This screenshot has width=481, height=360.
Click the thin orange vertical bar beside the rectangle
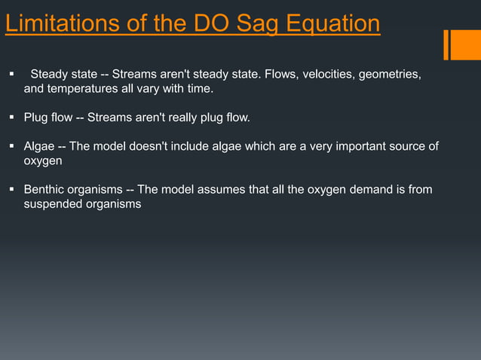[x=446, y=44]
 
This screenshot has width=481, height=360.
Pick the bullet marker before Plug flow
[x=12, y=117]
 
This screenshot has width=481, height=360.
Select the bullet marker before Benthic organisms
[x=12, y=189]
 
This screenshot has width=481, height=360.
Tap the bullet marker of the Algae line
[x=12, y=146]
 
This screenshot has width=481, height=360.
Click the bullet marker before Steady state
[x=12, y=75]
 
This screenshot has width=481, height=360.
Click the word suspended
[x=54, y=203]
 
